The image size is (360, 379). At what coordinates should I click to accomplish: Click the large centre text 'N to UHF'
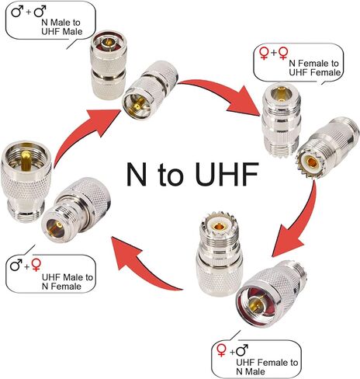coord(192,174)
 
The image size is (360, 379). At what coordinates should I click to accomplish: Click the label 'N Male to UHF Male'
coord(61,27)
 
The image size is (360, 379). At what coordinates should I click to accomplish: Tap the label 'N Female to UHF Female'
coord(314,68)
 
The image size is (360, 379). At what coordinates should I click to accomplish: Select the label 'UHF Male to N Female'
coord(67,282)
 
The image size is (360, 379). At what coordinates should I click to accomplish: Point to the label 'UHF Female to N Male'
coord(267,367)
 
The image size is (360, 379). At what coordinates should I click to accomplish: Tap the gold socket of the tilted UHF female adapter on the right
coord(313,162)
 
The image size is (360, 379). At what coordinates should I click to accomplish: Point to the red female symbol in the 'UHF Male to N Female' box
coord(36,265)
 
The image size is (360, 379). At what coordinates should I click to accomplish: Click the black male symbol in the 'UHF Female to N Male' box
coord(242,350)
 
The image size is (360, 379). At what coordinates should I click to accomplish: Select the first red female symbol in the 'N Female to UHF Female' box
coord(264,54)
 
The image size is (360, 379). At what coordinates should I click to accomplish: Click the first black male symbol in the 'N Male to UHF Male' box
coord(17,12)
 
